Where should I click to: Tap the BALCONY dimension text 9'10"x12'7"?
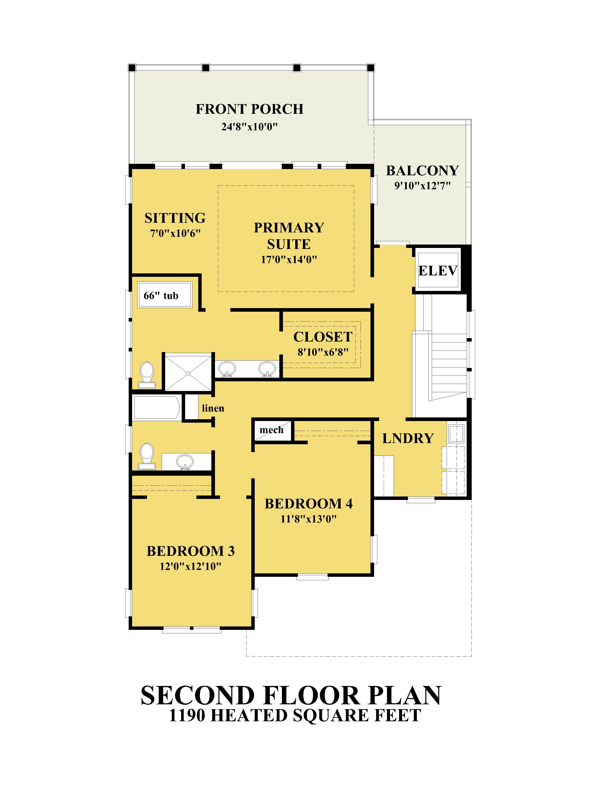(422, 186)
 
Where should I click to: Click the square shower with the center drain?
(188, 372)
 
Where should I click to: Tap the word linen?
(213, 408)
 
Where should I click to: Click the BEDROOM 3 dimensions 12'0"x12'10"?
(190, 566)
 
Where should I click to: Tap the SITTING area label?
(175, 218)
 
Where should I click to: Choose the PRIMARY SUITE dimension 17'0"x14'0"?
(289, 259)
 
